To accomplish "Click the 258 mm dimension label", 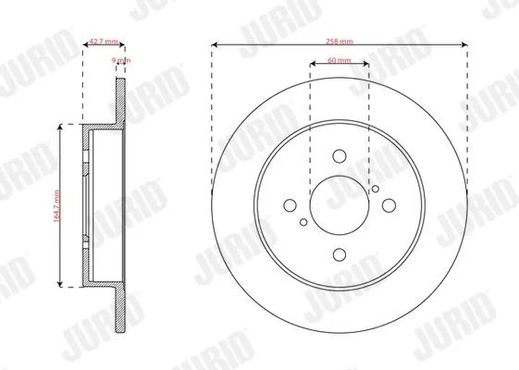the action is tap(340, 42).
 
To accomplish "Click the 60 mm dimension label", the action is tap(340, 60).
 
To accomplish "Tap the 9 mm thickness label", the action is tap(121, 60).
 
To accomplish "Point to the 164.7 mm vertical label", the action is tap(56, 206).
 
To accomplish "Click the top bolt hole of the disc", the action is tap(340, 156).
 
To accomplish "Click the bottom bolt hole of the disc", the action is tap(340, 254).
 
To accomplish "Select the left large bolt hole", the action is tap(290, 205).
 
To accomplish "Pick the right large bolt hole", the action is tap(389, 205).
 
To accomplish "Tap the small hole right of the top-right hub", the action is tap(376, 189).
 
